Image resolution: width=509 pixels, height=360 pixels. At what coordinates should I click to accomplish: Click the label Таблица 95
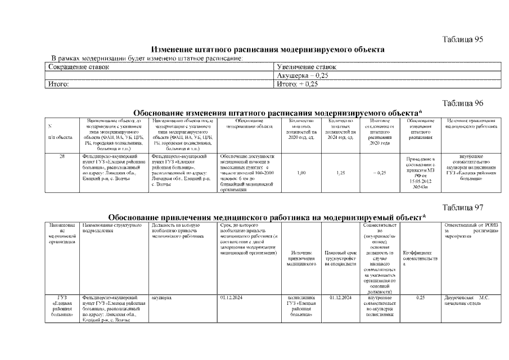pyautogui.click(x=463, y=39)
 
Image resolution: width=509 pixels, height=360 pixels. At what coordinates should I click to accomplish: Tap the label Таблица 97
pyautogui.click(x=463, y=208)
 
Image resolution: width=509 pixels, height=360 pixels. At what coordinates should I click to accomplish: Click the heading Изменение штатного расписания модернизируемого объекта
pyautogui.click(x=268, y=49)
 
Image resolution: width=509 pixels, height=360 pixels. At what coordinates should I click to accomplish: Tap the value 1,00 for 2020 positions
pyautogui.click(x=301, y=173)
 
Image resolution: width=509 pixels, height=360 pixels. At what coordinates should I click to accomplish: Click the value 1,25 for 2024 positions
pyautogui.click(x=340, y=173)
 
